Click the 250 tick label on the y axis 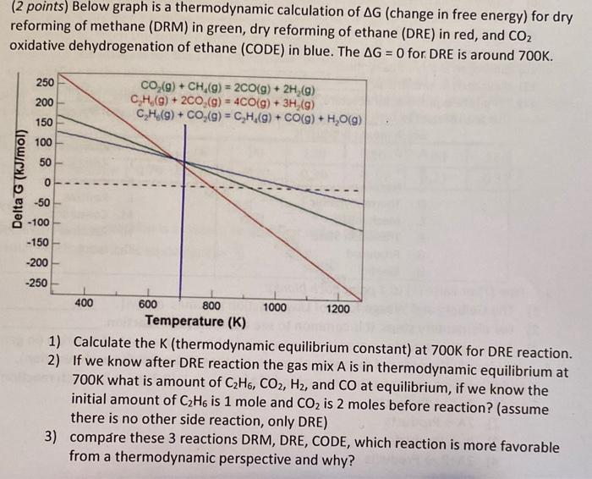tap(45, 82)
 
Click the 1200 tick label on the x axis tap(337, 308)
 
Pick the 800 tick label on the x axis tap(211, 307)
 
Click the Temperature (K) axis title tap(195, 322)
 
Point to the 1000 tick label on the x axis tap(274, 307)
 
